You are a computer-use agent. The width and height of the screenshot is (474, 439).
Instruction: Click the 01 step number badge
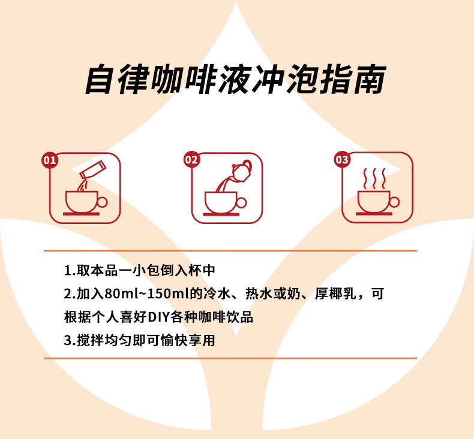(50, 161)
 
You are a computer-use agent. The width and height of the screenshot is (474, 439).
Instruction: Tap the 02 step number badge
(191, 159)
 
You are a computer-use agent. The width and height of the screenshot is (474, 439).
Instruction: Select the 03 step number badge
(342, 159)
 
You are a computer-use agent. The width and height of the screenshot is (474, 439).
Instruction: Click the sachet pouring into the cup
(92, 169)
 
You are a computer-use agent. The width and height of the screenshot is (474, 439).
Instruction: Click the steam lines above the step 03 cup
(374, 178)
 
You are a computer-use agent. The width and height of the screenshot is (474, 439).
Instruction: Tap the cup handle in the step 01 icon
(102, 202)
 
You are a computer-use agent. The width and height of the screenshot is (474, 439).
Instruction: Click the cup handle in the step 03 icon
(394, 202)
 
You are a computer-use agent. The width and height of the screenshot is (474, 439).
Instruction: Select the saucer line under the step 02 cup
(221, 214)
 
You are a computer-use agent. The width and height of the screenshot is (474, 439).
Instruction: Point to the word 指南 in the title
(353, 80)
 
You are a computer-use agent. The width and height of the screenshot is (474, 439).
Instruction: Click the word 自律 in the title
(117, 80)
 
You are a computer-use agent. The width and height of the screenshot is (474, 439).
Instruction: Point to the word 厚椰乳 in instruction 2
(335, 293)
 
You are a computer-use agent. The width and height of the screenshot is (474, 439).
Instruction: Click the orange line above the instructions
(230, 250)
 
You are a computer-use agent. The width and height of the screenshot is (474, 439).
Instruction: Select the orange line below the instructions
(230, 358)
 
